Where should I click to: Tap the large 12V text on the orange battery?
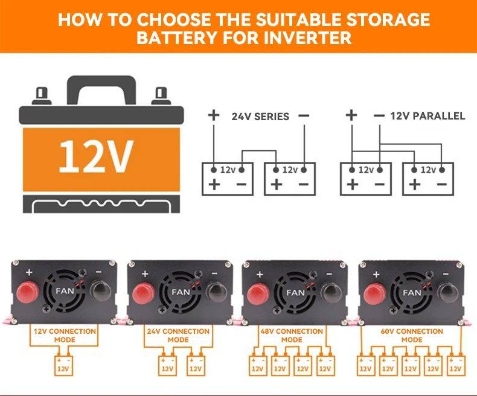(96, 156)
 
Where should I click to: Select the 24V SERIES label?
(260, 116)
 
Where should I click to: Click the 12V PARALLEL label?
(427, 116)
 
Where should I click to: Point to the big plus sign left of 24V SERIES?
(213, 115)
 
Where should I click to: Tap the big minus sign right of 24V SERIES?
(304, 115)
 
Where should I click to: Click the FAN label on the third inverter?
(295, 292)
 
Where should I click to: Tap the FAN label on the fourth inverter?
(412, 292)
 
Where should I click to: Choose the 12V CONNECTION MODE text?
(65, 335)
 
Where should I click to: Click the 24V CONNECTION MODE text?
(178, 335)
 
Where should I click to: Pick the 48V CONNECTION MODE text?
(292, 335)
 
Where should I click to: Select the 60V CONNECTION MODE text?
(412, 335)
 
